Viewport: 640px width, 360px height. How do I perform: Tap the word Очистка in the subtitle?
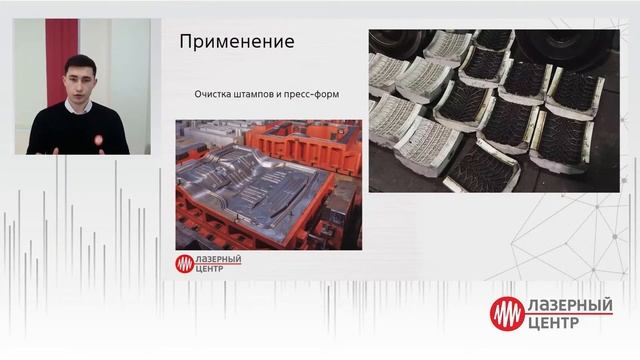click(x=218, y=95)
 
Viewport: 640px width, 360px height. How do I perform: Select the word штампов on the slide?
click(x=268, y=95)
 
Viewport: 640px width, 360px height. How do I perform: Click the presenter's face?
click(x=79, y=80)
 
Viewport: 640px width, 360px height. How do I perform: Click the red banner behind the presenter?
click(x=61, y=60)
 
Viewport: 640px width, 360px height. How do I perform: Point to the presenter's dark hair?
click(x=79, y=61)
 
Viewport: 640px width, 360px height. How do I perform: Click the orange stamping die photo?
click(x=268, y=185)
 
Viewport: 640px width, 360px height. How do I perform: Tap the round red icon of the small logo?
click(x=185, y=264)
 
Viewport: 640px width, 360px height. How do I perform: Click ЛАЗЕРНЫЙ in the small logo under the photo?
click(x=219, y=259)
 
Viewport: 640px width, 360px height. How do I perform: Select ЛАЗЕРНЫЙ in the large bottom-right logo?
click(x=570, y=305)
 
